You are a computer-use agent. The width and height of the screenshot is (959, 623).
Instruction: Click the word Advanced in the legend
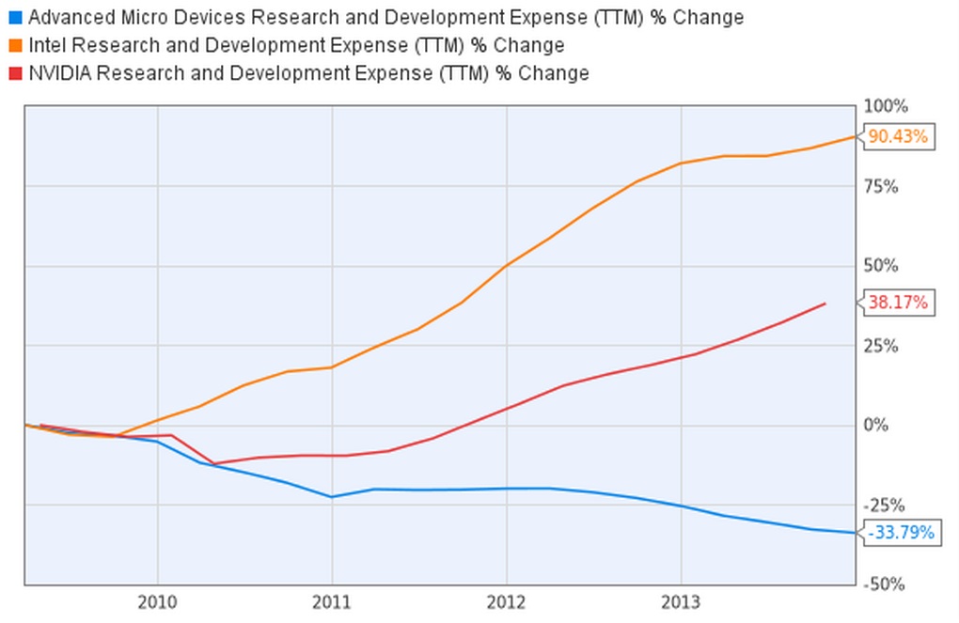pyautogui.click(x=68, y=18)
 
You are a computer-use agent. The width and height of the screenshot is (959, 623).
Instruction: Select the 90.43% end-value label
pyautogui.click(x=897, y=137)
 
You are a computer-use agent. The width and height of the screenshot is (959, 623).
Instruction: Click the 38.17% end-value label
pyautogui.click(x=897, y=303)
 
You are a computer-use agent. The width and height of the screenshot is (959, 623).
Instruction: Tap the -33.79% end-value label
pyautogui.click(x=901, y=534)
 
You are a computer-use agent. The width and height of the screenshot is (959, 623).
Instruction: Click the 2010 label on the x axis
pyautogui.click(x=158, y=601)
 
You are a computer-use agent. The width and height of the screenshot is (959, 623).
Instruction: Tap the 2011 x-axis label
pyautogui.click(x=332, y=601)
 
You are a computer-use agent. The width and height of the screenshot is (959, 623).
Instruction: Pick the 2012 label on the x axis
pyautogui.click(x=506, y=601)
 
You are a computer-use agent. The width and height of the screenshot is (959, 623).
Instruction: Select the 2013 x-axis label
pyautogui.click(x=680, y=601)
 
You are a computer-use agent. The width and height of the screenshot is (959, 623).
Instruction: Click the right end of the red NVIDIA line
pyautogui.click(x=825, y=304)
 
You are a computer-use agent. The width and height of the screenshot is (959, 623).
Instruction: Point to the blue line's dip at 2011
pyautogui.click(x=332, y=496)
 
